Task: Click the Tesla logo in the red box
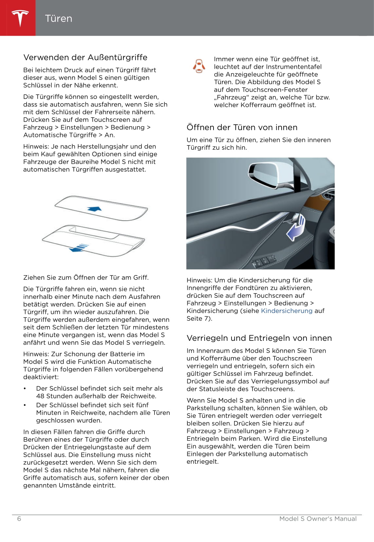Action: pos(20,18)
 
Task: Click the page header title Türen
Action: pos(59,18)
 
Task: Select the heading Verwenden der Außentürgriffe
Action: pos(85,57)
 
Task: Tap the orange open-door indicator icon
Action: pos(199,66)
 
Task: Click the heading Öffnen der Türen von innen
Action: pos(242,127)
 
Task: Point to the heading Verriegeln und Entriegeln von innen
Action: pos(259,338)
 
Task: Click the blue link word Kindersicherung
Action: pos(287,311)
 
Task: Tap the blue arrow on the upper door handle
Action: pos(95,208)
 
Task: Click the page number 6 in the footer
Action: pos(19,519)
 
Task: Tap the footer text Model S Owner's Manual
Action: pos(318,519)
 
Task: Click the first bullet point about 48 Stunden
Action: pos(99,392)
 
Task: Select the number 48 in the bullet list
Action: pos(40,396)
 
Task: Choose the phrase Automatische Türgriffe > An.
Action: pos(69,135)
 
